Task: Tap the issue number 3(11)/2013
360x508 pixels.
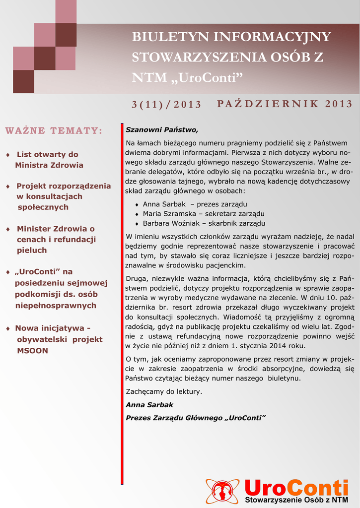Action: pos(166,104)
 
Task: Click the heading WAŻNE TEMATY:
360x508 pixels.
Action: pos(54,130)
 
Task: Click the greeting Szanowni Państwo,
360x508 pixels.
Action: pos(162,130)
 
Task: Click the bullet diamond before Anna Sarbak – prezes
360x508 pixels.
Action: pos(137,204)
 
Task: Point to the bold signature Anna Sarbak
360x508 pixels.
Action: pos(149,404)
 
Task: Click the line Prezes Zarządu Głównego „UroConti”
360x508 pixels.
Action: pos(196,418)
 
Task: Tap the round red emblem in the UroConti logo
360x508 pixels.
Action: pos(222,491)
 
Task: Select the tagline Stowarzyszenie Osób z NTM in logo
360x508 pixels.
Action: pos(296,500)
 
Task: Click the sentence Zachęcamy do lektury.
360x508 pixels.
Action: pos(164,391)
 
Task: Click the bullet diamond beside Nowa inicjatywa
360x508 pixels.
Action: pos(7,329)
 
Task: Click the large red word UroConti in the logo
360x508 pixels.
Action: pos(296,486)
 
